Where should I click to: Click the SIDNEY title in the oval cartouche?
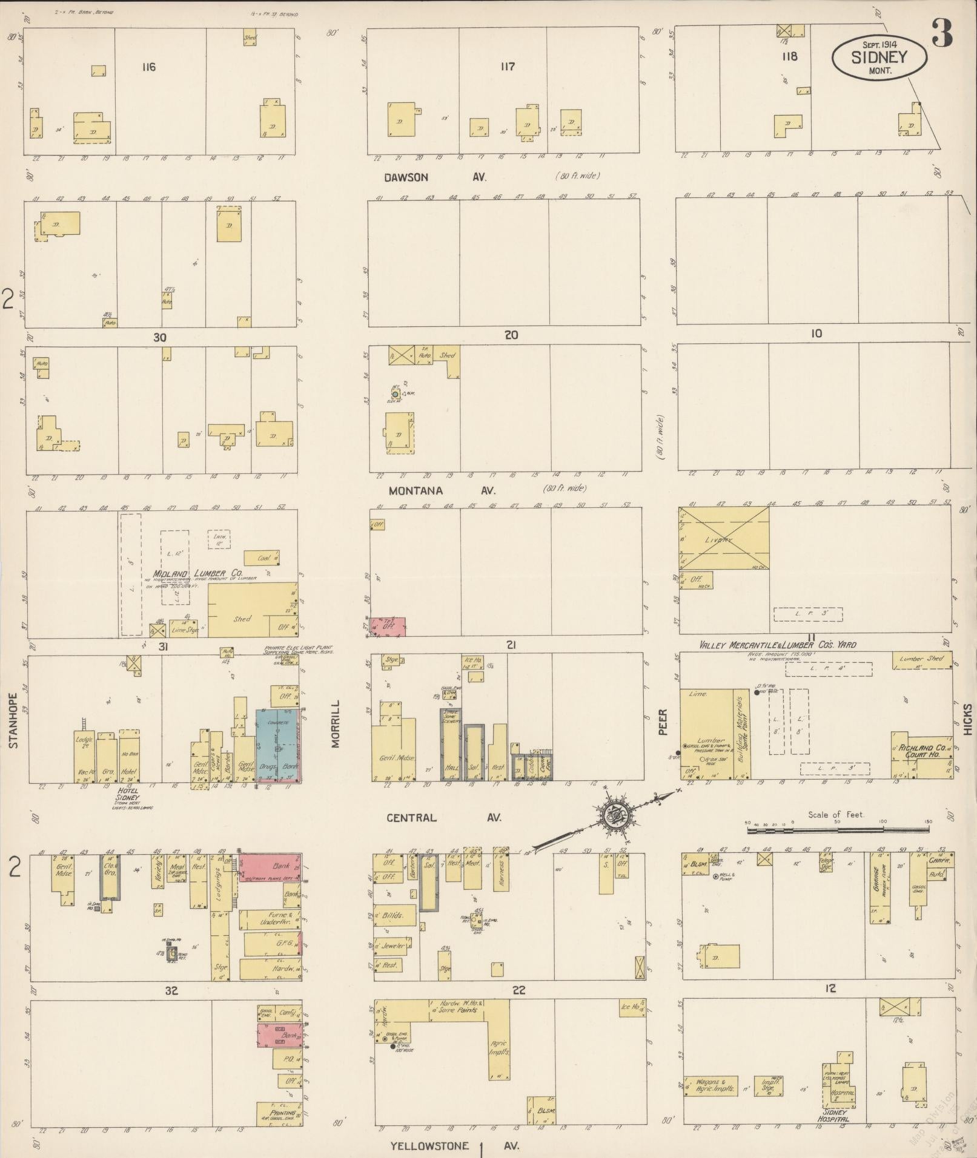coord(879,57)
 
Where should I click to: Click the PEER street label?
coord(663,722)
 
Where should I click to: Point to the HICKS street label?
coord(967,719)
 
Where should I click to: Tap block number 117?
coord(508,67)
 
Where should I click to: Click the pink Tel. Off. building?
coord(388,627)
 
